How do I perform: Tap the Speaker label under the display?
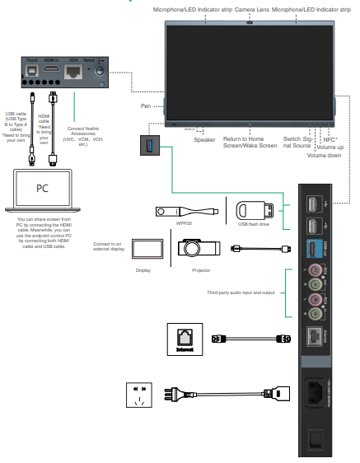[204, 140]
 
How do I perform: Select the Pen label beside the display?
[146, 105]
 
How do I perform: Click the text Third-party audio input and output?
[241, 292]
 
